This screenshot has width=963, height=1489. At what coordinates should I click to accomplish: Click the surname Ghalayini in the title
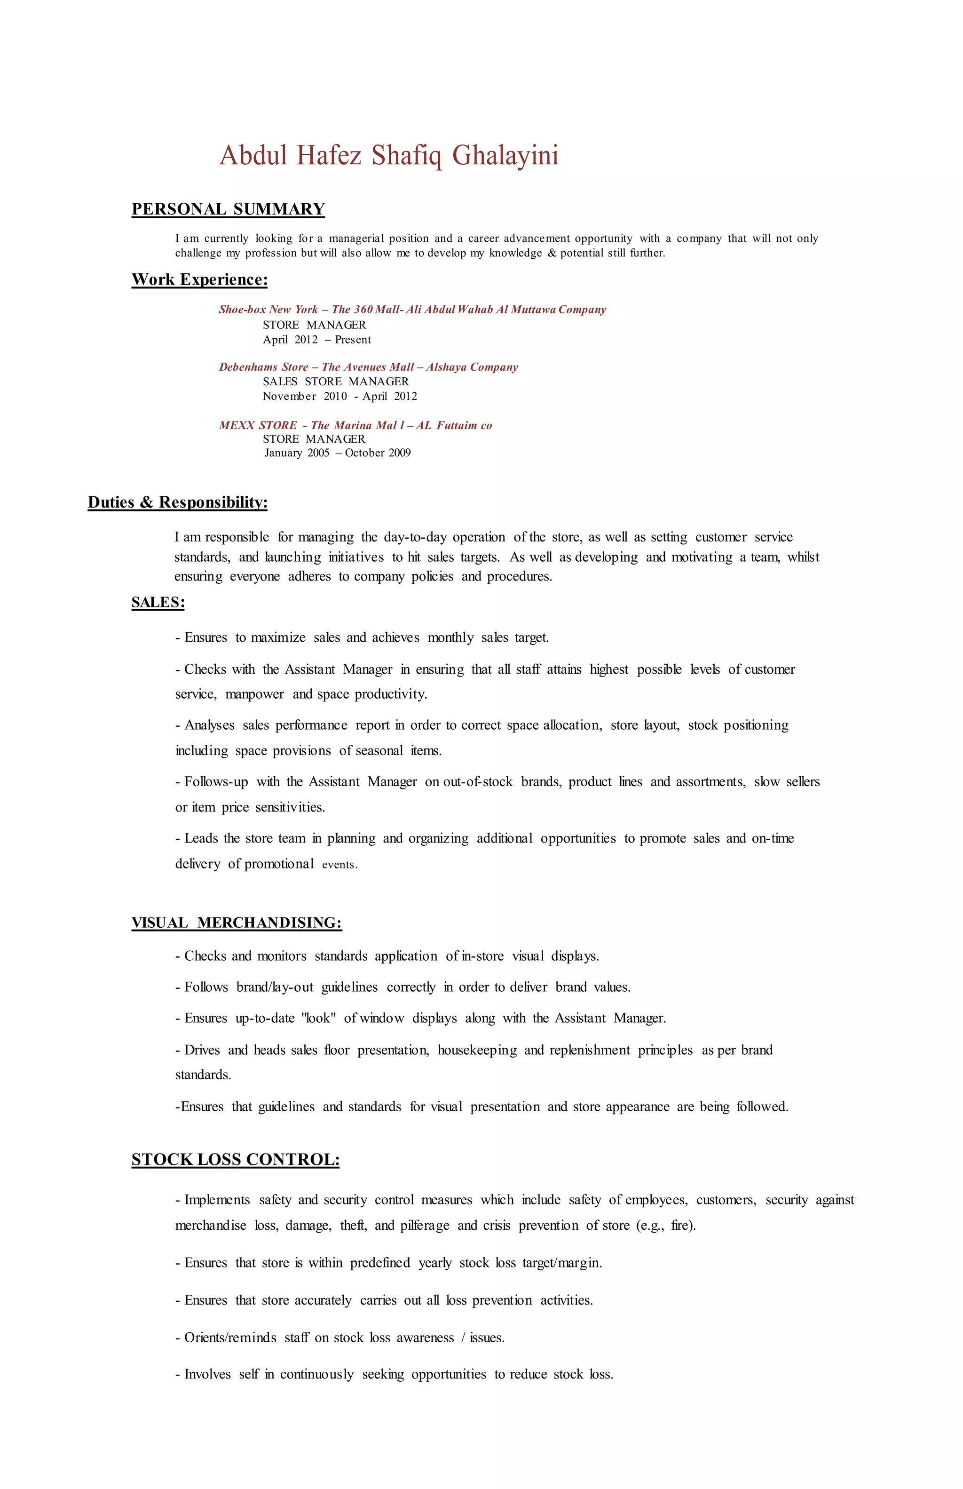505,156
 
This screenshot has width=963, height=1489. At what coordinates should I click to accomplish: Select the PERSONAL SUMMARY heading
228,209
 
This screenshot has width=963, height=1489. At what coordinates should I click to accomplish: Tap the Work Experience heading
199,279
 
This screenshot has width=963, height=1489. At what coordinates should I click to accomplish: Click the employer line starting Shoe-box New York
412,310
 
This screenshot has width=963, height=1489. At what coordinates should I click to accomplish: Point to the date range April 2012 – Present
316,340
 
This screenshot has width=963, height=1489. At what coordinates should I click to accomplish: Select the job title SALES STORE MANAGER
336,382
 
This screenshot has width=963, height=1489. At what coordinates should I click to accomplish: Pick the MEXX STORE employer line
355,425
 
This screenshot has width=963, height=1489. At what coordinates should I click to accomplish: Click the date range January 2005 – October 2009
337,453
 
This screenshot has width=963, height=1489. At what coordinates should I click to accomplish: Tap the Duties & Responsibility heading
178,502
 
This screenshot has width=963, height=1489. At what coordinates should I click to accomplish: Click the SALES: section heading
158,603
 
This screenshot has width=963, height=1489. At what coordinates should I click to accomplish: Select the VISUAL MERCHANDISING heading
237,923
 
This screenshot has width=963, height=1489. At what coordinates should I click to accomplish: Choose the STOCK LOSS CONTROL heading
236,1159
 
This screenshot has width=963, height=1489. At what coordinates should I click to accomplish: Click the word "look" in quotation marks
319,1019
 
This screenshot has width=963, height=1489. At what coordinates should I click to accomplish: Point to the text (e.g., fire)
665,1225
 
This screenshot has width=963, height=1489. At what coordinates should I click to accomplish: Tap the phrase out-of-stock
478,782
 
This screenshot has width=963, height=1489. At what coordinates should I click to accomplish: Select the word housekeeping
477,1050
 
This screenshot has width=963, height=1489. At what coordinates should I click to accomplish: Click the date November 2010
305,397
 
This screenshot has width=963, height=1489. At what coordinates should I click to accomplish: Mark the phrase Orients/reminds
230,1338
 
